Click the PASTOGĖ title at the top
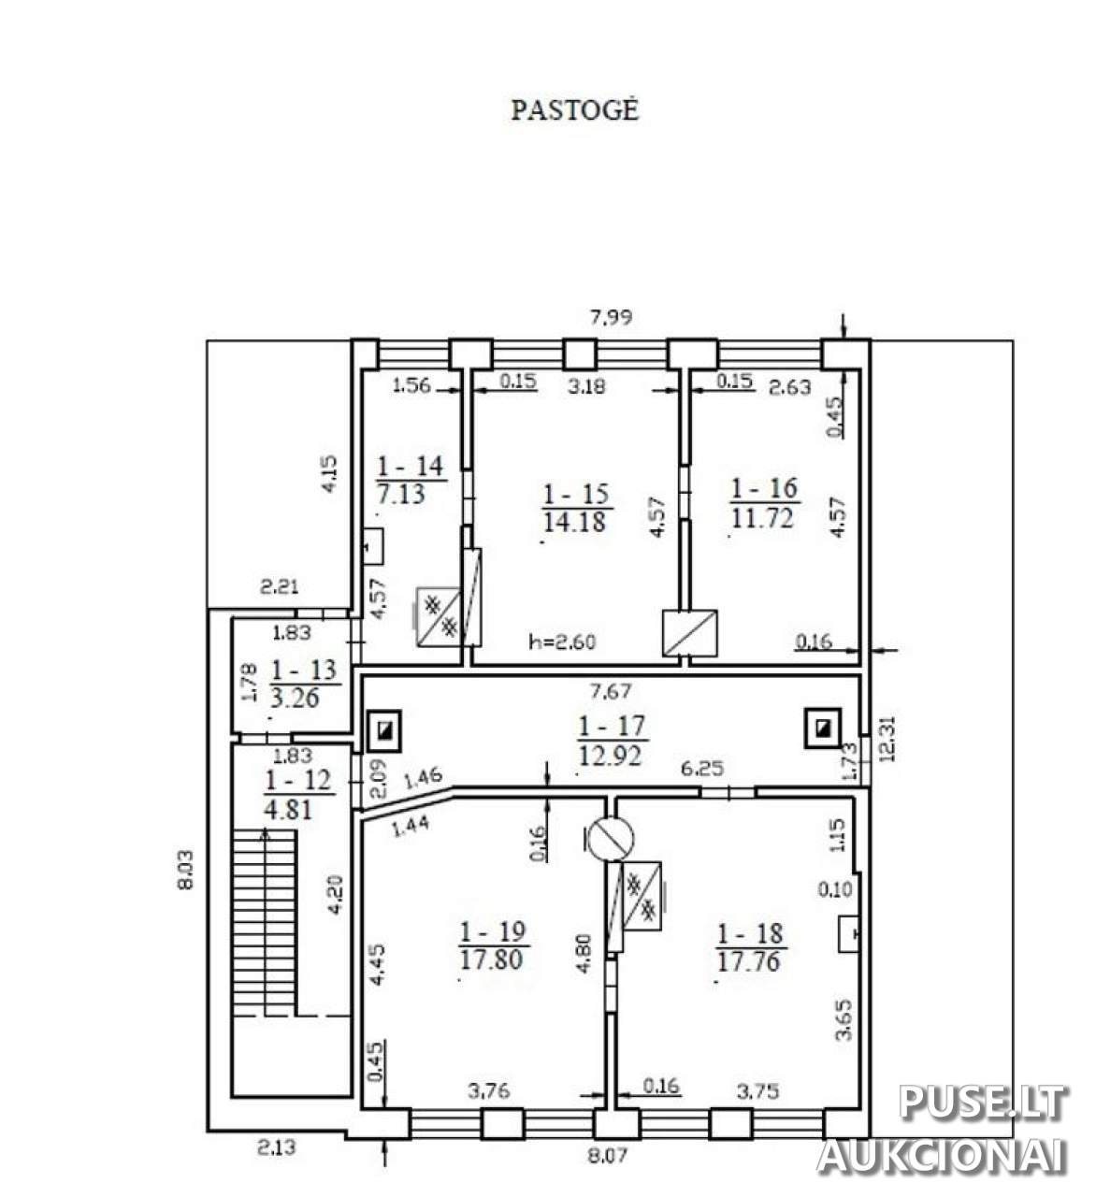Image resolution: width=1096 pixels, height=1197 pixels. point(574,110)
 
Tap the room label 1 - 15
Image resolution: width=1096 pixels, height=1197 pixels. point(575,494)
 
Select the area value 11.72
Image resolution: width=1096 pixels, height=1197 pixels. point(762,518)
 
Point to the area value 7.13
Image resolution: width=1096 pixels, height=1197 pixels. point(401,494)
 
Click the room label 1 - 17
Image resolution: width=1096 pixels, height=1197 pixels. point(612,727)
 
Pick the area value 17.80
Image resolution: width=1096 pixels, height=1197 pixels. point(491,960)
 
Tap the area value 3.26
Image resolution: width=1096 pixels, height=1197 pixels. point(295,697)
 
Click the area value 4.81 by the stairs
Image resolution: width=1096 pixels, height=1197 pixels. point(287,810)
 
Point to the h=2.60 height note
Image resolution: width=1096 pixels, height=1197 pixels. point(562,642)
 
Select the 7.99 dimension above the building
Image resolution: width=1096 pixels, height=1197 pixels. point(611,317)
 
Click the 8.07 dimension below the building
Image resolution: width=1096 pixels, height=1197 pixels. point(608,1157)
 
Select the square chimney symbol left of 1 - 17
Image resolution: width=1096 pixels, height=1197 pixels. point(384,729)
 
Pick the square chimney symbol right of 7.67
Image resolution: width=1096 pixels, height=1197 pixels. point(823,728)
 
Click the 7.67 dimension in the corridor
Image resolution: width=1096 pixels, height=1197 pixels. point(610,691)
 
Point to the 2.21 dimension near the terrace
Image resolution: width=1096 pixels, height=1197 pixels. point(279,587)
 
